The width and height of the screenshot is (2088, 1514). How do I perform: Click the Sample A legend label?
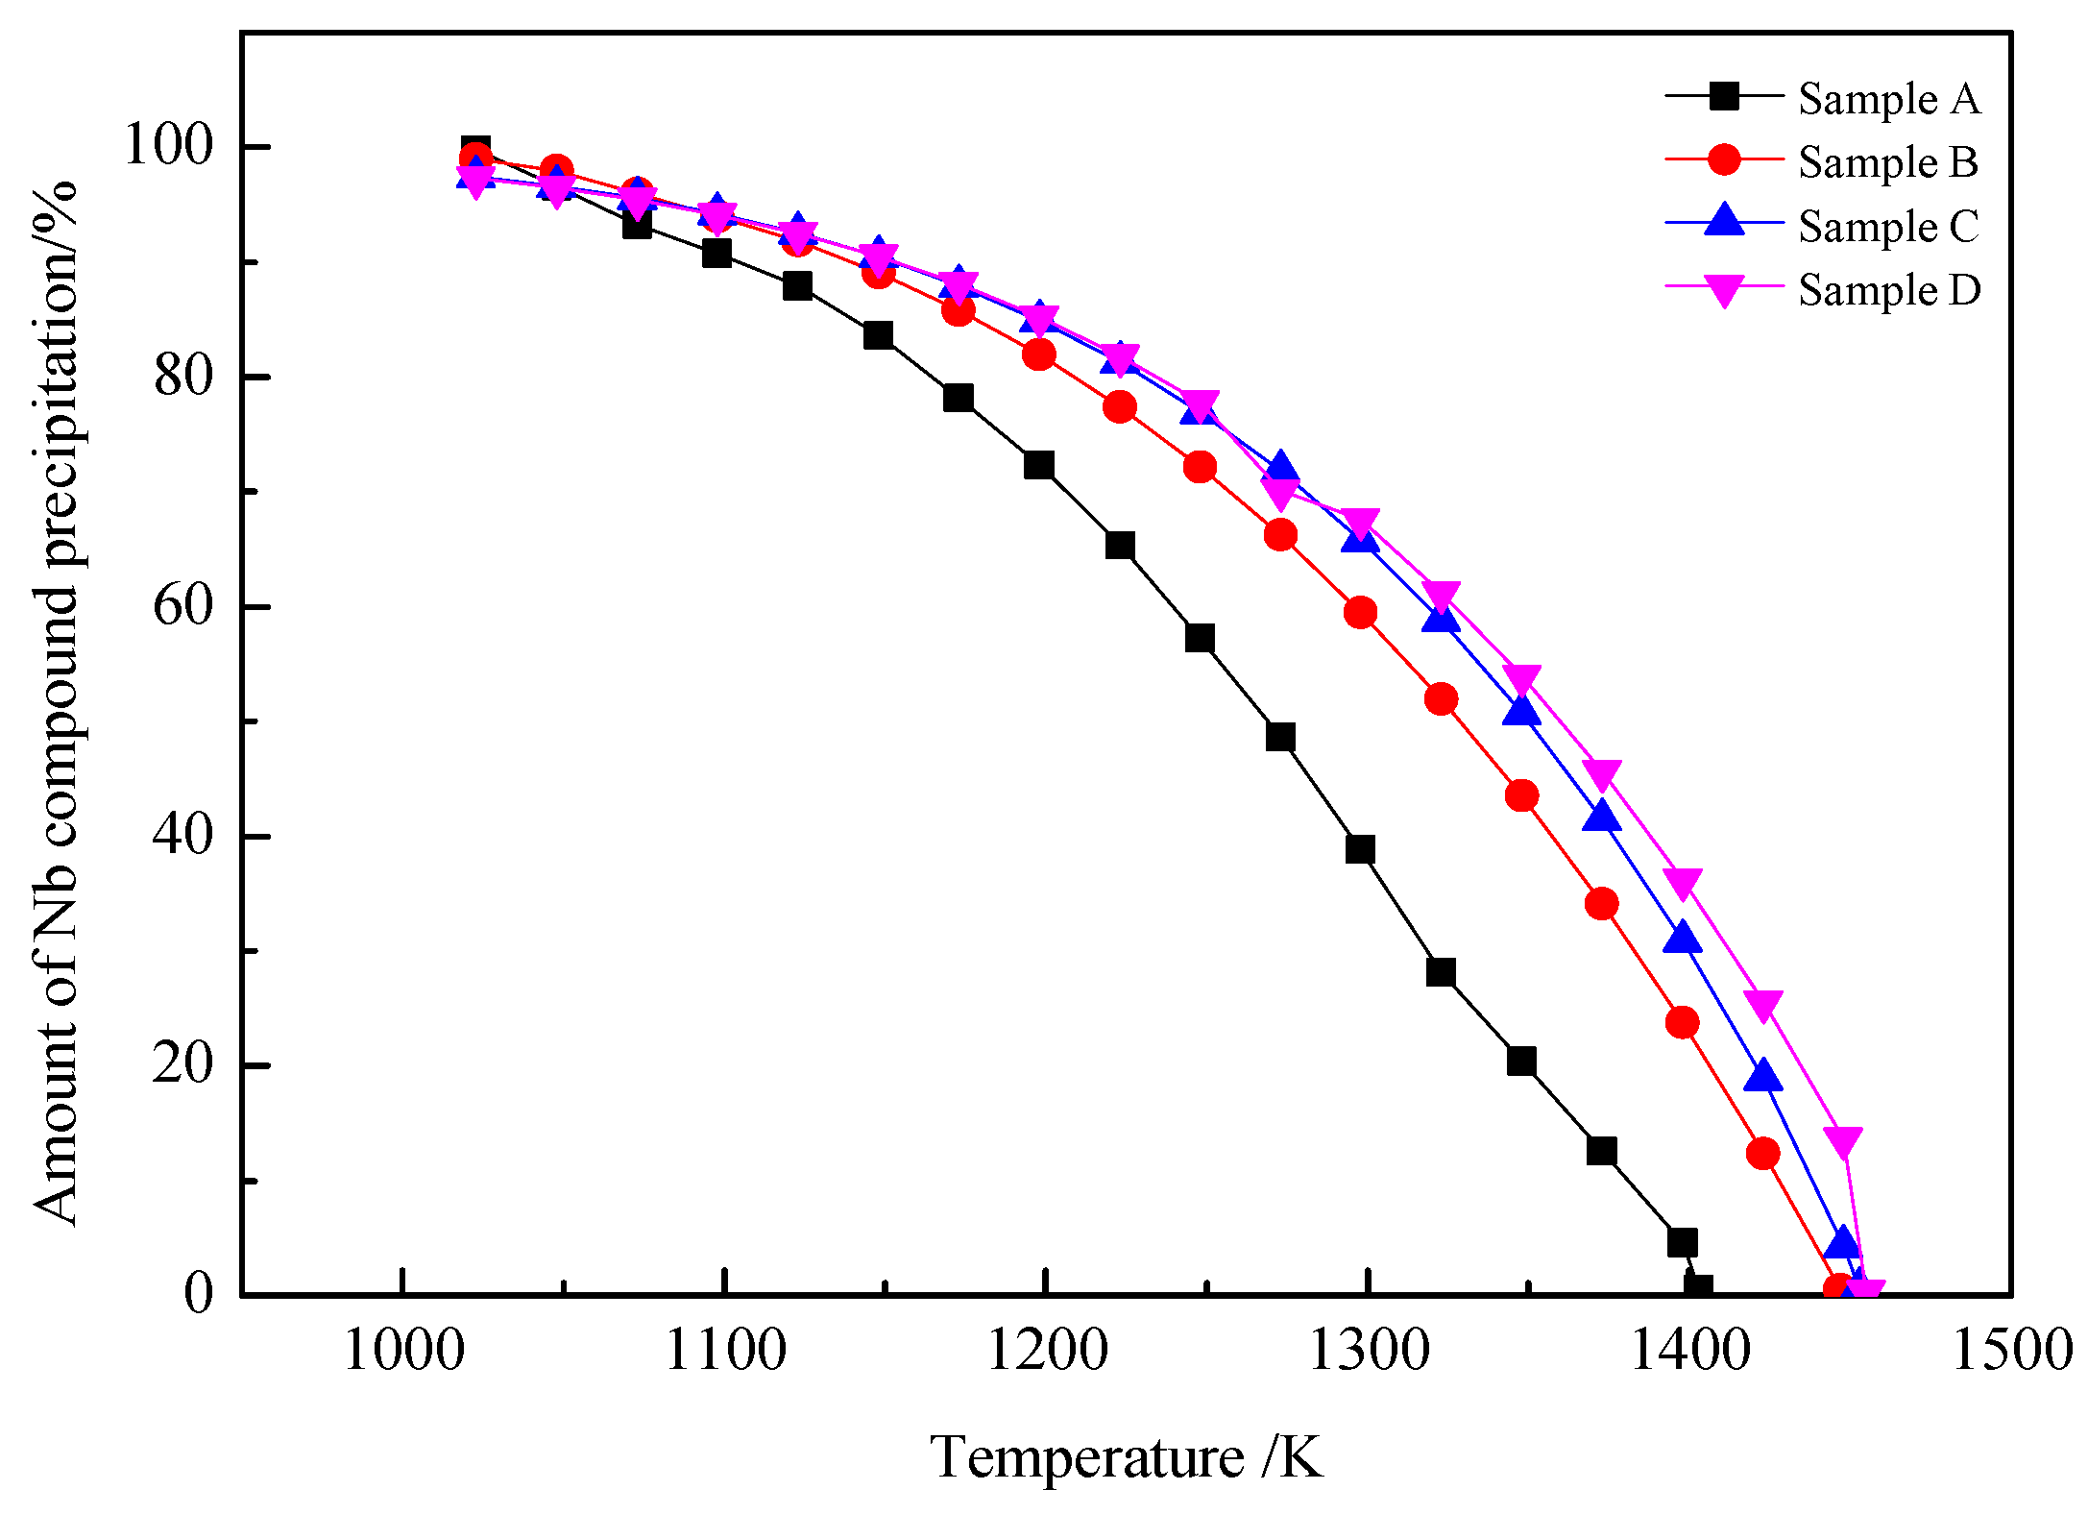[x=1888, y=99]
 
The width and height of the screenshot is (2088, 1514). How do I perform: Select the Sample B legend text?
[x=1888, y=162]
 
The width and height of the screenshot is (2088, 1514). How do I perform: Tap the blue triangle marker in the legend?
[x=1725, y=221]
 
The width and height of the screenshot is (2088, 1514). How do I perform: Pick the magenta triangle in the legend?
[x=1725, y=290]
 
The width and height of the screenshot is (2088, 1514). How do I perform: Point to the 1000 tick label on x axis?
[x=403, y=1351]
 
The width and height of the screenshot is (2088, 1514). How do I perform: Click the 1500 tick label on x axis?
[x=2011, y=1351]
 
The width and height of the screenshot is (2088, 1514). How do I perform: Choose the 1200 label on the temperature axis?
[x=1047, y=1351]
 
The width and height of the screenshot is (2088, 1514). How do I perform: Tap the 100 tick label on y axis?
[x=168, y=146]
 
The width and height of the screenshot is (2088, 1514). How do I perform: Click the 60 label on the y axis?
[x=182, y=606]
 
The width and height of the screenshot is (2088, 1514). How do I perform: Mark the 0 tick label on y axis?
[x=198, y=1293]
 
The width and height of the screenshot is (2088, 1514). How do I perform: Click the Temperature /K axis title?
[x=1126, y=1457]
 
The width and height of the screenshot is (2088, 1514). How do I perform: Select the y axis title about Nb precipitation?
[x=56, y=701]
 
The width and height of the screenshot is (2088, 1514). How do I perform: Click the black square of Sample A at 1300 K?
[x=1360, y=849]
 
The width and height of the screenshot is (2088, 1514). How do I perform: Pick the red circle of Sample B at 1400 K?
[x=1682, y=1022]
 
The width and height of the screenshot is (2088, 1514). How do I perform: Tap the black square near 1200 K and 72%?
[x=1039, y=465]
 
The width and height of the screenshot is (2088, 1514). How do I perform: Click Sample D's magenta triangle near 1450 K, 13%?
[x=1843, y=1141]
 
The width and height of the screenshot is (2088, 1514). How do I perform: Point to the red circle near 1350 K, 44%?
[x=1521, y=795]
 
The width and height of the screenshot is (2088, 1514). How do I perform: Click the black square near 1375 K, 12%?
[x=1601, y=1151]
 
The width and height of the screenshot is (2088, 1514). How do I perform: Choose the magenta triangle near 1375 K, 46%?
[x=1601, y=773]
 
